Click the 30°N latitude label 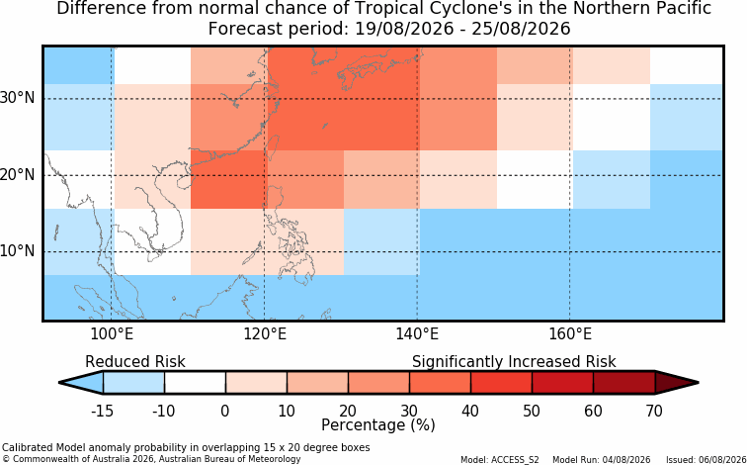17,98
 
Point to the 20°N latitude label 17,175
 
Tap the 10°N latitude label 17,251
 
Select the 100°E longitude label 112,334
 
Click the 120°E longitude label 265,334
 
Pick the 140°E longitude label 417,334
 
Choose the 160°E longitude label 570,334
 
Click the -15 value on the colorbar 102,411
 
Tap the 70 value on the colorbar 654,411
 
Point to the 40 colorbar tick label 470,411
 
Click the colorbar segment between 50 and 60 562,383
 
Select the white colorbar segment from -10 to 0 195,383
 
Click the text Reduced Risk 135,362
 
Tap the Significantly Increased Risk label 514,362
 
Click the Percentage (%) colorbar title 378,424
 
